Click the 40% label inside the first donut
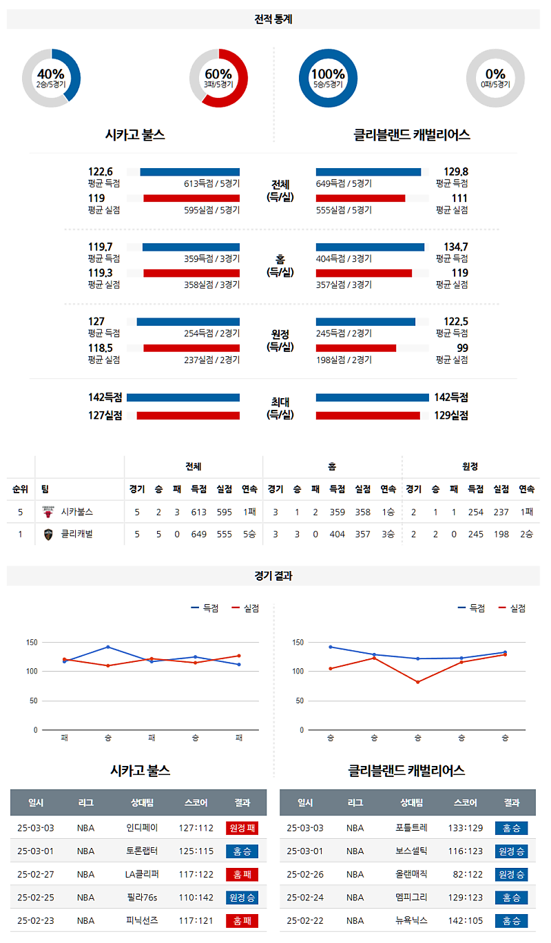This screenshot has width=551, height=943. pyautogui.click(x=51, y=74)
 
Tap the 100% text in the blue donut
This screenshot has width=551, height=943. pyautogui.click(x=328, y=74)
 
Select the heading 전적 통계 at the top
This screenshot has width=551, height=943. pyautogui.click(x=273, y=19)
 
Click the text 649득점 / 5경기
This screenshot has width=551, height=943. pyautogui.click(x=344, y=183)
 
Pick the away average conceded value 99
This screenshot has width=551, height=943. pyautogui.click(x=461, y=348)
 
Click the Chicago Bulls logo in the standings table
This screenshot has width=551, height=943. pyautogui.click(x=48, y=512)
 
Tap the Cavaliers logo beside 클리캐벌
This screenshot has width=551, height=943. pyautogui.click(x=48, y=534)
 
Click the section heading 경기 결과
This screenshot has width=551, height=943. pyautogui.click(x=273, y=576)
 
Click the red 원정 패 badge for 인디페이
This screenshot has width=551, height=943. pyautogui.click(x=242, y=828)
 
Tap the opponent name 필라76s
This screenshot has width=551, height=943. pyautogui.click(x=143, y=898)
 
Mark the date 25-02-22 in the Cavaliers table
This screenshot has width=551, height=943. pyautogui.click(x=304, y=920)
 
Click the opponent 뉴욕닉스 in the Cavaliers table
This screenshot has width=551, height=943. pyautogui.click(x=412, y=920)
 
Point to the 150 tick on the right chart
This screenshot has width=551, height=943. pyautogui.click(x=298, y=643)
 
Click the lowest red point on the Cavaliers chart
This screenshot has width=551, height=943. pyautogui.click(x=417, y=682)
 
